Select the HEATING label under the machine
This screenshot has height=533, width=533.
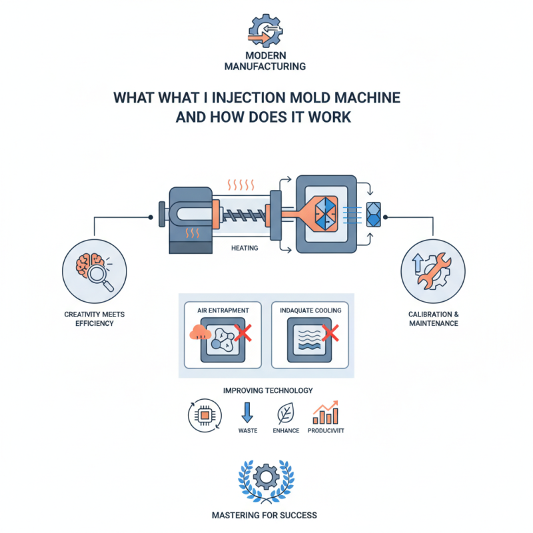pyautogui.click(x=245, y=249)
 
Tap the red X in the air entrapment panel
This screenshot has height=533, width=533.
pyautogui.click(x=244, y=334)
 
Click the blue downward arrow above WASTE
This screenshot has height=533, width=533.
pyautogui.click(x=247, y=414)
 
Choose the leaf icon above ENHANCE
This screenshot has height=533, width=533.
pyautogui.click(x=285, y=414)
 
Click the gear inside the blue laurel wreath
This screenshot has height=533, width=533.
pyautogui.click(x=266, y=476)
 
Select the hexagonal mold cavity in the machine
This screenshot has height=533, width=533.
pyautogui.click(x=322, y=209)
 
